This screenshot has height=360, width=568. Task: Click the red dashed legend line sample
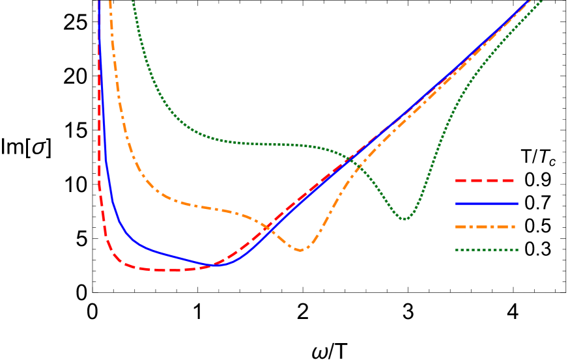(485, 180)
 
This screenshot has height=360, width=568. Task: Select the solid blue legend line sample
(485, 204)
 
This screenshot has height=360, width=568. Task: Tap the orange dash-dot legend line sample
(485, 227)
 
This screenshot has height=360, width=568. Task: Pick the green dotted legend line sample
(485, 250)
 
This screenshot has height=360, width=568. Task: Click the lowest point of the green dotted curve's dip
(405, 219)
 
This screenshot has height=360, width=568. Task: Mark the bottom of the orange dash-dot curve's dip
(300, 250)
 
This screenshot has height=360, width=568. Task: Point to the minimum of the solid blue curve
(220, 266)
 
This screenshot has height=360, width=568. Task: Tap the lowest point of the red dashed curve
(171, 270)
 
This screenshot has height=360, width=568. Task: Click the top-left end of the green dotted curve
(132, 1)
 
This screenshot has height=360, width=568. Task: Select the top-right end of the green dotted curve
(542, 1)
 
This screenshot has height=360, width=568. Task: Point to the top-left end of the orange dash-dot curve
(109, 1)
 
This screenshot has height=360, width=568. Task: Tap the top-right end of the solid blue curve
(528, 1)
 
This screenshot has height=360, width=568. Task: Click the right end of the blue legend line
(517, 204)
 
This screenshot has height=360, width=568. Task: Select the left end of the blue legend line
(456, 204)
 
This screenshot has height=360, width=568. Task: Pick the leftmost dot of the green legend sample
(456, 250)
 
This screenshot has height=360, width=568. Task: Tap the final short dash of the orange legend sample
(513, 227)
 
